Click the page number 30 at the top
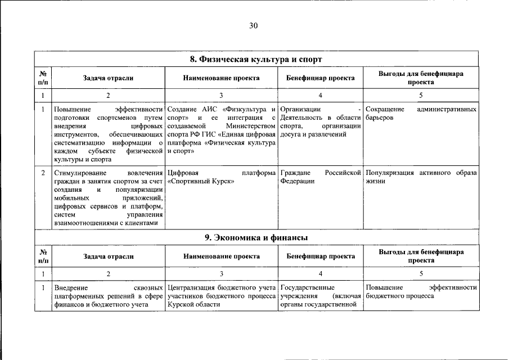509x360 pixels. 253,25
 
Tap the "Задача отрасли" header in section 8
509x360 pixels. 108,78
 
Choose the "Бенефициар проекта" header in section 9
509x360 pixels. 321,256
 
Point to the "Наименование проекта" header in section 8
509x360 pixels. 222,78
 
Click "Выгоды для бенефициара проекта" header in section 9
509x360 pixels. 421,256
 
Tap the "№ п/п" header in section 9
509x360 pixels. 43,256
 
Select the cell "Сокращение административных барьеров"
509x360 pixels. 421,113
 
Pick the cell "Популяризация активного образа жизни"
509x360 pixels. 421,177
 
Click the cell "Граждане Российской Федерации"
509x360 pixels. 321,177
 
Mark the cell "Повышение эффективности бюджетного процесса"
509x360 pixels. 421,291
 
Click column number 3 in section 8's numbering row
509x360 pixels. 222,96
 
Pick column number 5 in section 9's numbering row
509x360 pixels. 421,274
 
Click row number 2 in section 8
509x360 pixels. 43,173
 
